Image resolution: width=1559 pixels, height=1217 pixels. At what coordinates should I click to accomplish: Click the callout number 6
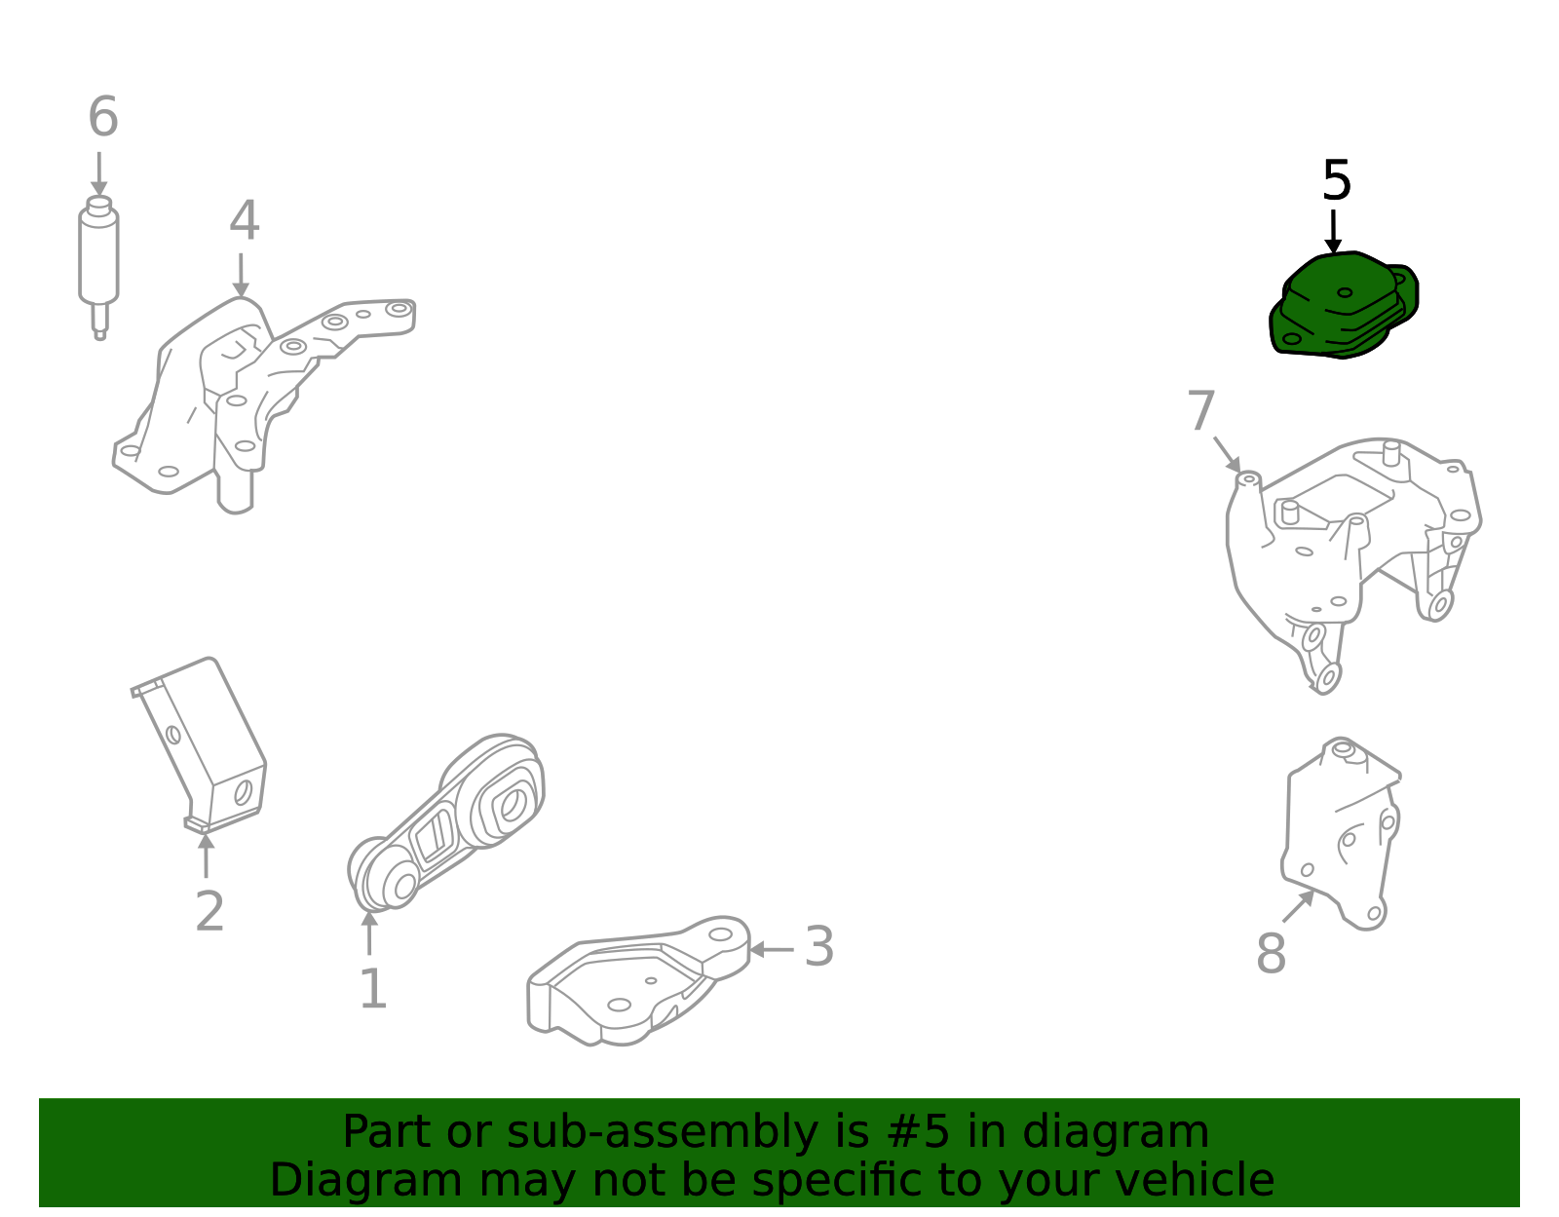click(x=103, y=118)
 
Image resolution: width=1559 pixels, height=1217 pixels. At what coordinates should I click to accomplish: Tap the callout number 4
click(x=244, y=222)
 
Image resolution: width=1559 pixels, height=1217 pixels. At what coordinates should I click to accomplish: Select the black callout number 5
click(x=1336, y=182)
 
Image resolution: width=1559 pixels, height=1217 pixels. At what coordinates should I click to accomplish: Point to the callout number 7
click(x=1201, y=412)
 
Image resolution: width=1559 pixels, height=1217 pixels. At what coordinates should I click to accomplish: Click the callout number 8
click(x=1271, y=954)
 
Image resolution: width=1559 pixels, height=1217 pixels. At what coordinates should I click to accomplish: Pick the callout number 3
click(x=818, y=948)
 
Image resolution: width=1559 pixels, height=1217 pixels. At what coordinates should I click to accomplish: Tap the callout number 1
click(x=373, y=990)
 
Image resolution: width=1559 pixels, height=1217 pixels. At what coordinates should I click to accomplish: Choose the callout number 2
click(x=209, y=913)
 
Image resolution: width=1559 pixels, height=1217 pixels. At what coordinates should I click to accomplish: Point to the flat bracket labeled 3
click(x=633, y=984)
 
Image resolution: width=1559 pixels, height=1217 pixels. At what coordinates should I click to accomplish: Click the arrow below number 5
click(x=1333, y=234)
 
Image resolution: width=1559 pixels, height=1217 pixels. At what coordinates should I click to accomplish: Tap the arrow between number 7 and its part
click(x=1228, y=455)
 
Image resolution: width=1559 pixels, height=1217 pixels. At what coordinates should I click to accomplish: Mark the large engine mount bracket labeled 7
click(x=1354, y=546)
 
